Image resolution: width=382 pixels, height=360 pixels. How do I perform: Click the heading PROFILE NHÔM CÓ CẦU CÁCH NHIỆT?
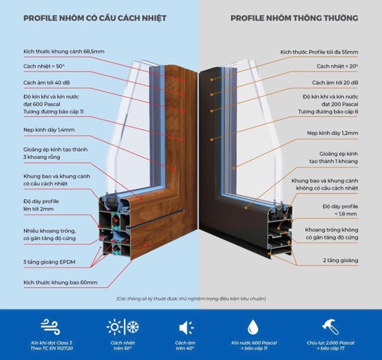(95, 18)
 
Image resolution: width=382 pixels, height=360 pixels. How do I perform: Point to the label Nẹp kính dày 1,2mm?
(332, 133)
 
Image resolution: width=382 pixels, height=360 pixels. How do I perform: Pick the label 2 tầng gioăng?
(340, 260)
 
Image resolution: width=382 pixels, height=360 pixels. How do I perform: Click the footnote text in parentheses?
(191, 298)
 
